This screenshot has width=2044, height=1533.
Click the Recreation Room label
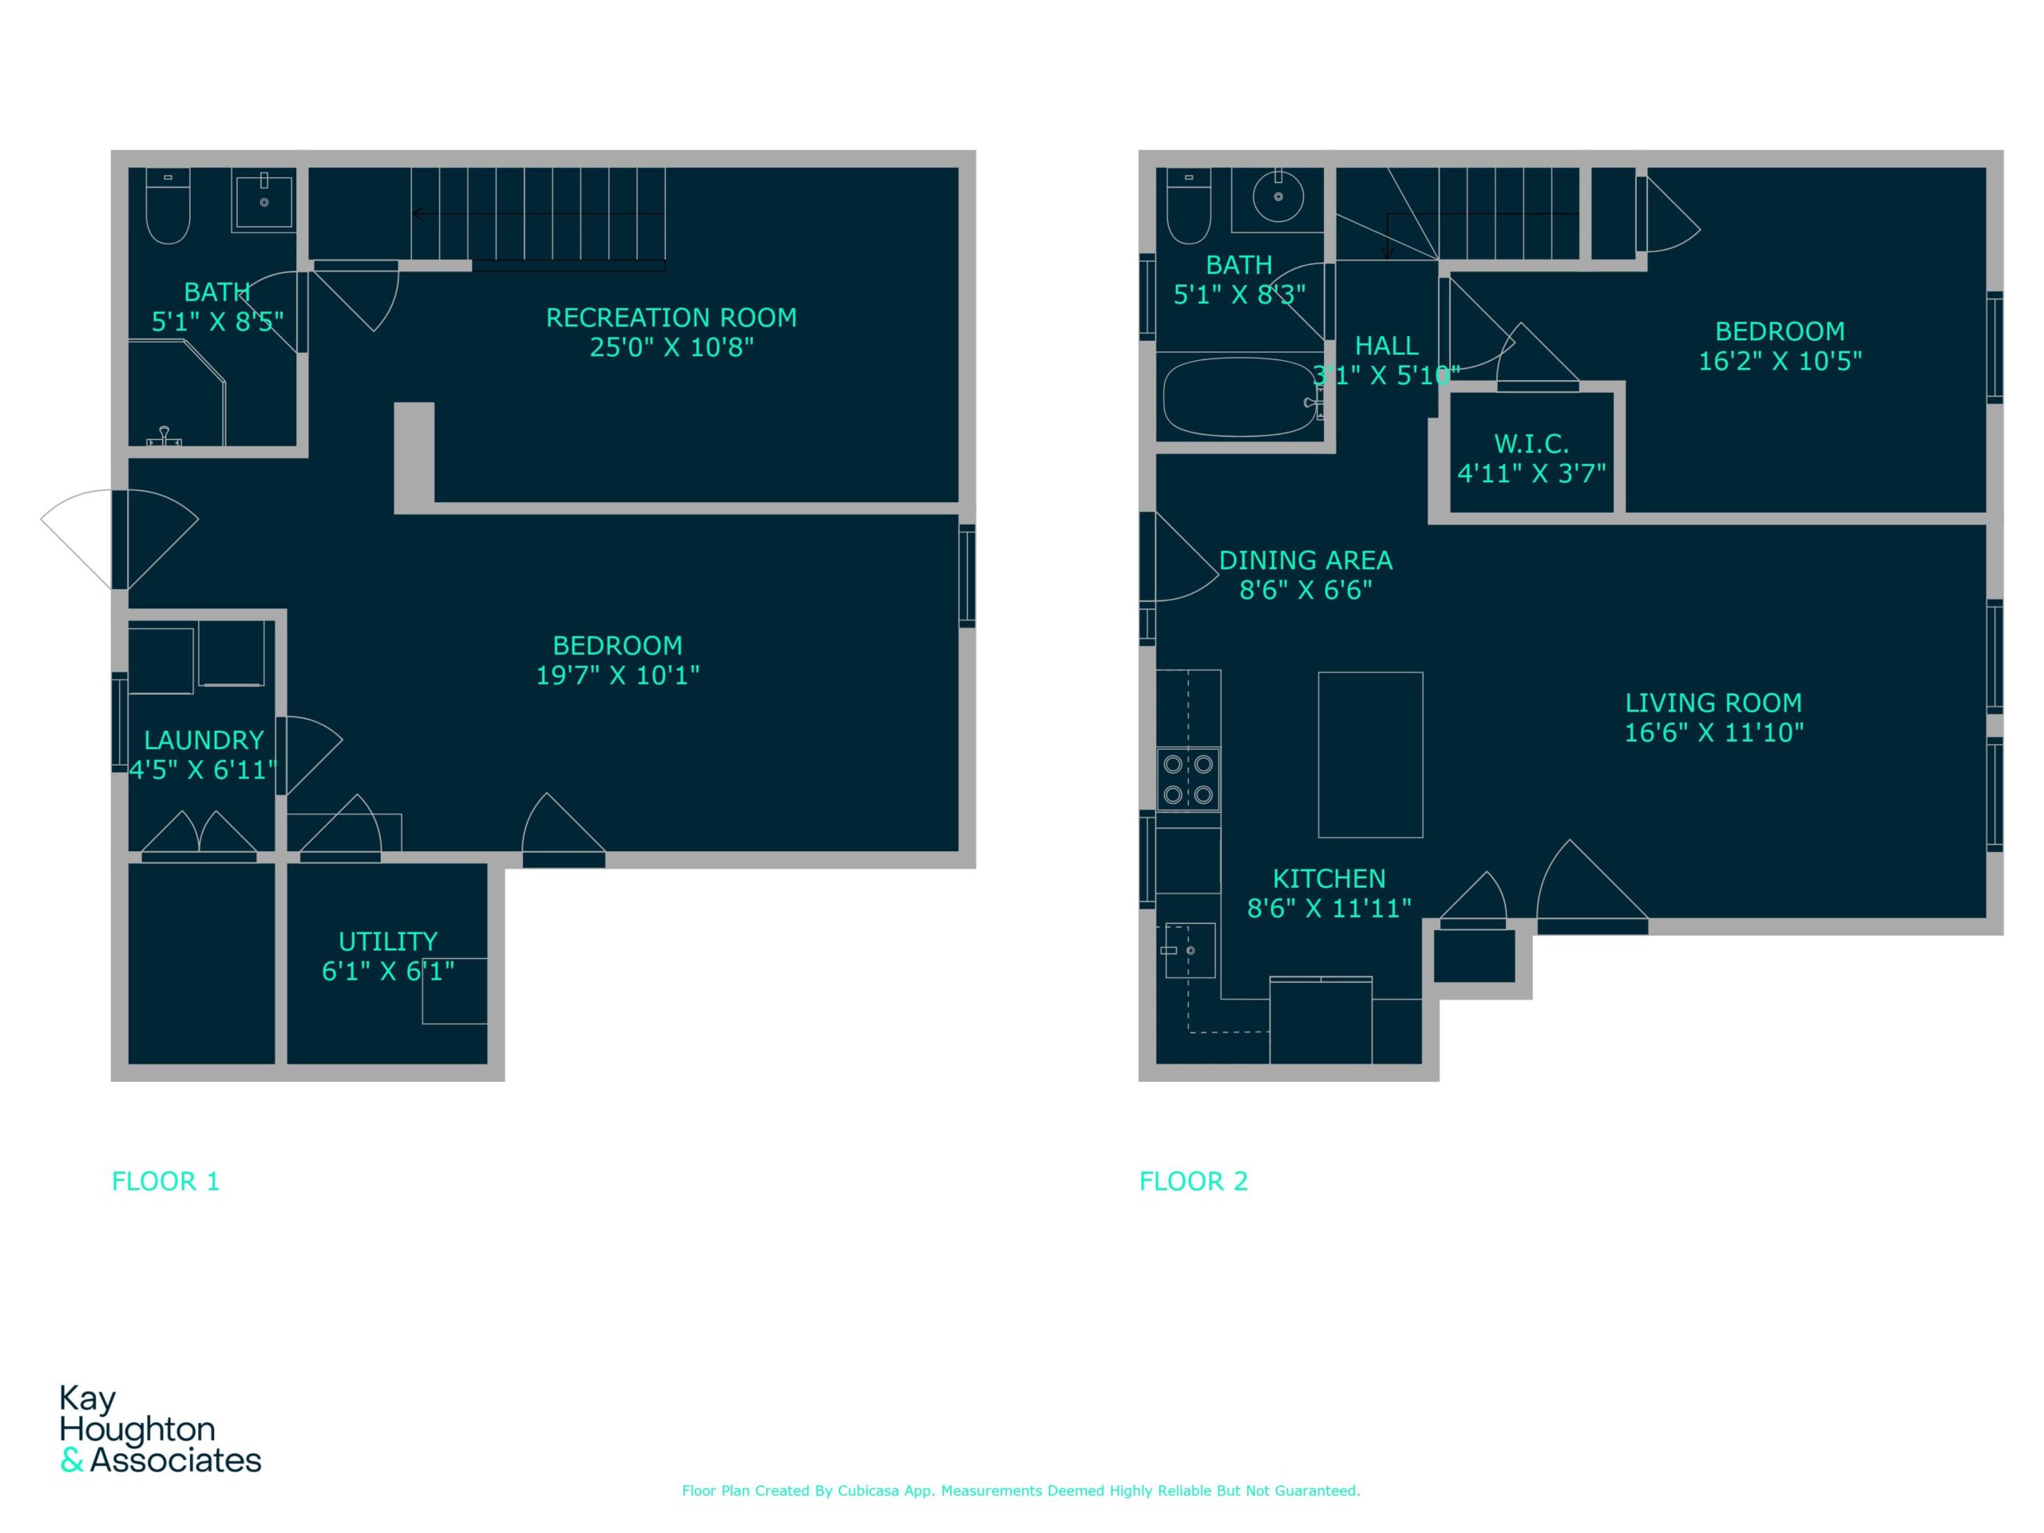671,318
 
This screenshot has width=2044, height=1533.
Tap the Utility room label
388,941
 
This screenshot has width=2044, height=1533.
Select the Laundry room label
204,740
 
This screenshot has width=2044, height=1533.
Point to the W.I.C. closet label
1531,444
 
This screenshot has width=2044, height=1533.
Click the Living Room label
1713,703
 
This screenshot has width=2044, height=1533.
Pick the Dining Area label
1305,560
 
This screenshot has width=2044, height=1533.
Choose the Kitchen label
1329,879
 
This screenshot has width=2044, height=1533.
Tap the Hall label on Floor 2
1386,346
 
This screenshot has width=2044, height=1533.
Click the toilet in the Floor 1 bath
168,205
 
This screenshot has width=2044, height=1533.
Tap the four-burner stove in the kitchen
1188,779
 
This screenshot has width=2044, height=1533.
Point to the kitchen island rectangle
1370,755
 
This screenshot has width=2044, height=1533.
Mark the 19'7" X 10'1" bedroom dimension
617,675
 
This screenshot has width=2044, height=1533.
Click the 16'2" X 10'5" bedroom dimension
1780,362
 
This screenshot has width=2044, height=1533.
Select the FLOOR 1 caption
165,1181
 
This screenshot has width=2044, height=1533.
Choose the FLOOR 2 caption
1193,1181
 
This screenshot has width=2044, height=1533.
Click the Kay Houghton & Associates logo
160,1428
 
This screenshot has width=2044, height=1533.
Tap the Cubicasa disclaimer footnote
1021,1491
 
